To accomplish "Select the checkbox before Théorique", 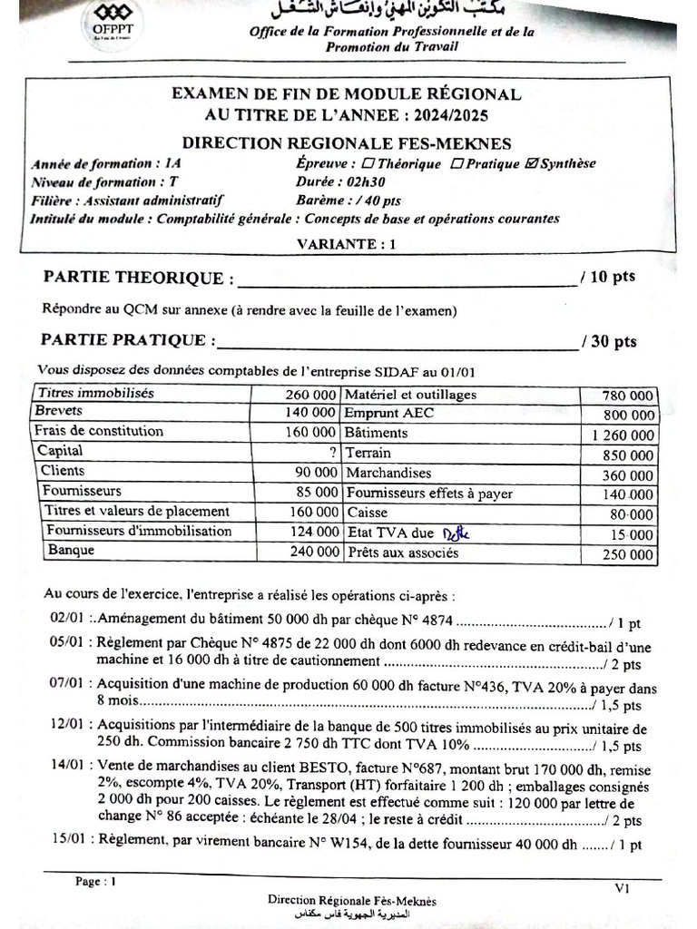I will pyautogui.click(x=368, y=164).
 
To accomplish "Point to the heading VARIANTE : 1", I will pyautogui.click(x=347, y=243).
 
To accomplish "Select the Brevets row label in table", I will pyautogui.click(x=59, y=412).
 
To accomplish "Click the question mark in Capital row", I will pyautogui.click(x=333, y=452).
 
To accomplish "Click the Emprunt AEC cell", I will pyautogui.click(x=380, y=414).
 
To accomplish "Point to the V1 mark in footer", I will pyautogui.click(x=622, y=890).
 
